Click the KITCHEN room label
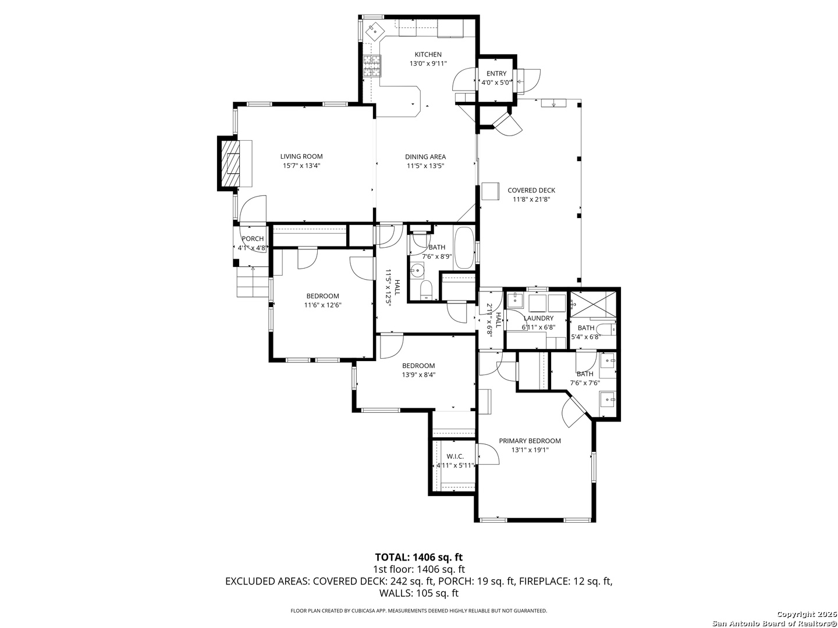tap(428, 55)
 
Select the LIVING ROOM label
tap(301, 156)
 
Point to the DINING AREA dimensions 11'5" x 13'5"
tap(425, 166)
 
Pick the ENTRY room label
tap(496, 74)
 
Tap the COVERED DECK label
tap(531, 190)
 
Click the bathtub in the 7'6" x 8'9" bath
tap(463, 248)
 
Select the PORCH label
tap(253, 238)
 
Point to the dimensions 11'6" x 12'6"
tap(322, 305)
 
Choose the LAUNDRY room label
tap(538, 318)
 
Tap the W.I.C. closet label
tap(455, 456)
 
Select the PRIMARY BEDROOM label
tap(530, 441)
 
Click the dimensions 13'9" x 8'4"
tap(418, 375)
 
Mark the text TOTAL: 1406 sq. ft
tap(419, 558)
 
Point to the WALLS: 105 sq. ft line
tap(419, 593)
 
